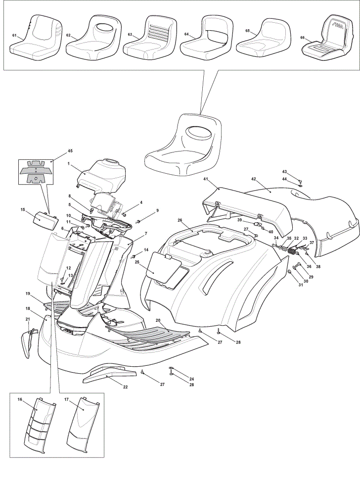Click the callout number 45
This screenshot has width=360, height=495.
coord(70,151)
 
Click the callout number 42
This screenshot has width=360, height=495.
coord(254,178)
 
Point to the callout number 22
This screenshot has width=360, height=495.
coord(125,387)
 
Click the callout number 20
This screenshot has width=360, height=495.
coord(158,320)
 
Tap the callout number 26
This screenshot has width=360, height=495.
coord(180,220)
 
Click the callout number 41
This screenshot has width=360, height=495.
coord(206,179)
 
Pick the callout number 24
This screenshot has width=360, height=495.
coord(191,379)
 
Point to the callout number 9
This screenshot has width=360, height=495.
coord(157,210)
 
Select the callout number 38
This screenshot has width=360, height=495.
coord(318,266)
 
